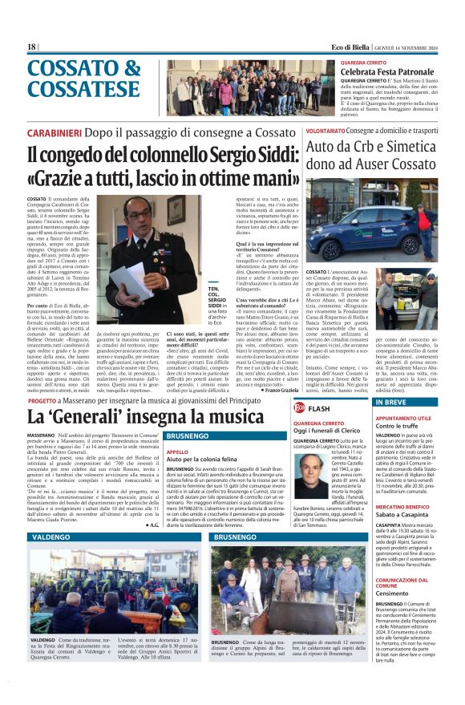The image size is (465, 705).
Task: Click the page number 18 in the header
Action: (x=31, y=47)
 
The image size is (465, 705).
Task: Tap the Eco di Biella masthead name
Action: (x=355, y=47)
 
